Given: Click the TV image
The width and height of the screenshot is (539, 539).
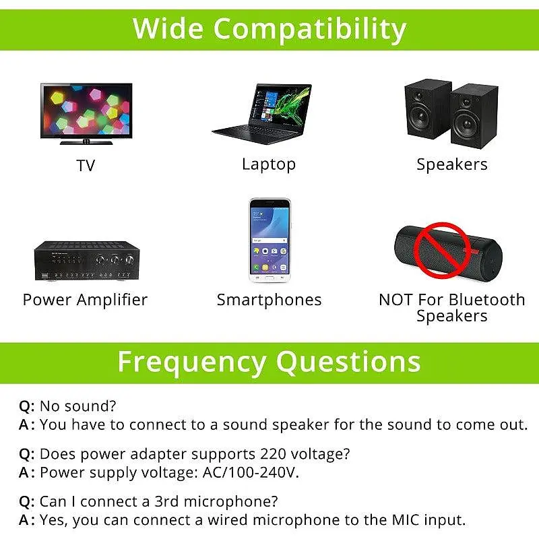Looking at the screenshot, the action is (86, 113).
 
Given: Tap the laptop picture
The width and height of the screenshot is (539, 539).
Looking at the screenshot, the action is (262, 114).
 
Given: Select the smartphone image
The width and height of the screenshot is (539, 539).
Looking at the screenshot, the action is (270, 241).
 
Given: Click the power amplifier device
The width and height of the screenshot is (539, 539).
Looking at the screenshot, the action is (87, 261).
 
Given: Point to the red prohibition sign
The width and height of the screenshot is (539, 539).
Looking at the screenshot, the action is (442, 250).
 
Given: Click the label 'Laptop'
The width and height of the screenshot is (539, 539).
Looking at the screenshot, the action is (269, 164).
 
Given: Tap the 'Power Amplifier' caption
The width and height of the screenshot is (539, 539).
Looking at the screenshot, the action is (86, 300).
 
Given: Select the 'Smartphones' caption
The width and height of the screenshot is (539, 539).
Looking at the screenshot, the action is (269, 300).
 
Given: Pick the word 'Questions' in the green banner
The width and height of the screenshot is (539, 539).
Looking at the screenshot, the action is (348, 362).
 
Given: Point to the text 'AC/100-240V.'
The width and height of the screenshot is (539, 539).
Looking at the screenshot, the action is (251, 472).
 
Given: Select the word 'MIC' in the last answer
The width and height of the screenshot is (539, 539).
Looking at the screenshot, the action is (406, 519).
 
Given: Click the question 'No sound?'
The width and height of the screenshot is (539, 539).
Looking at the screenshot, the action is (78, 406).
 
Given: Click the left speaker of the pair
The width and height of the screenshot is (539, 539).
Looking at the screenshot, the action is (428, 109).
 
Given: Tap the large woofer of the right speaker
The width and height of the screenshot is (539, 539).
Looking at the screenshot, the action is (467, 123).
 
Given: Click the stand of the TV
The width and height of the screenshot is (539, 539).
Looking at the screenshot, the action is (86, 142).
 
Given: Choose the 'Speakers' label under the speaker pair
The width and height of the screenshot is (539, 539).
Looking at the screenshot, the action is (452, 164).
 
